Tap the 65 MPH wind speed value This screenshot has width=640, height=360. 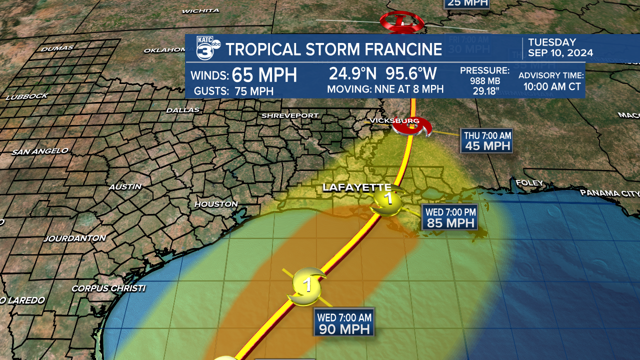pos(264,75)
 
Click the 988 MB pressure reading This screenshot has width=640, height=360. pos(484,80)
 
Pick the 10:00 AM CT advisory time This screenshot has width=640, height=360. pos(552,86)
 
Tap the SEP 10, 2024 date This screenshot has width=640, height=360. pos(560,53)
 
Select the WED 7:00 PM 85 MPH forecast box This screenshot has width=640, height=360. pos(450,217)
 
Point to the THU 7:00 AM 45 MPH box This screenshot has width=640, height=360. pos(486,140)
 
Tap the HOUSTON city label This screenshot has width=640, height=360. pos(216,204)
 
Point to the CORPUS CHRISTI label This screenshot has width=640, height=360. pos(108,288)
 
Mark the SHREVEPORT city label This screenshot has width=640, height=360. pos(290,115)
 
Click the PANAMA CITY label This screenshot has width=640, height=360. pos(610,193)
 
